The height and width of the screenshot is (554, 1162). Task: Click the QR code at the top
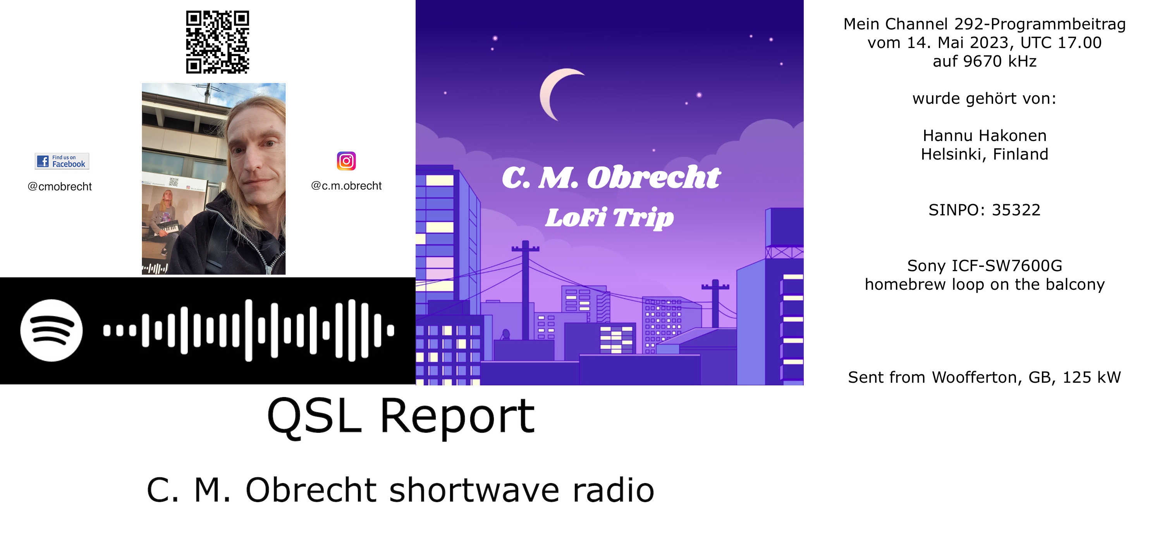pyautogui.click(x=217, y=42)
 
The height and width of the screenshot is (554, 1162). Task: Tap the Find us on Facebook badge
pyautogui.click(x=62, y=161)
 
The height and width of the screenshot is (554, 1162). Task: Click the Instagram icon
pyautogui.click(x=346, y=161)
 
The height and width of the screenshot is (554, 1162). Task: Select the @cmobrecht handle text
pyautogui.click(x=60, y=186)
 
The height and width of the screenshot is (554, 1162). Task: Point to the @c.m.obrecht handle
pyautogui.click(x=346, y=186)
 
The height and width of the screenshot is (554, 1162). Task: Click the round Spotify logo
pyautogui.click(x=52, y=330)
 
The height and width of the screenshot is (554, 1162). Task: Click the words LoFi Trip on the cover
pyautogui.click(x=609, y=218)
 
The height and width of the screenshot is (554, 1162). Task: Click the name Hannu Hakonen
pyautogui.click(x=985, y=135)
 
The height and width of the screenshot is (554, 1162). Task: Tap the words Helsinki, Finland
pyautogui.click(x=985, y=154)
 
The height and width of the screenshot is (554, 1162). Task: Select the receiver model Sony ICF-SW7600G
pyautogui.click(x=985, y=266)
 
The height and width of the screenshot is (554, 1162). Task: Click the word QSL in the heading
pyautogui.click(x=315, y=416)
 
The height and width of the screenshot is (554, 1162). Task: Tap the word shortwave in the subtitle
pyautogui.click(x=474, y=490)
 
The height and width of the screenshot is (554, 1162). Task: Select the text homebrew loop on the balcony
pyautogui.click(x=985, y=285)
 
